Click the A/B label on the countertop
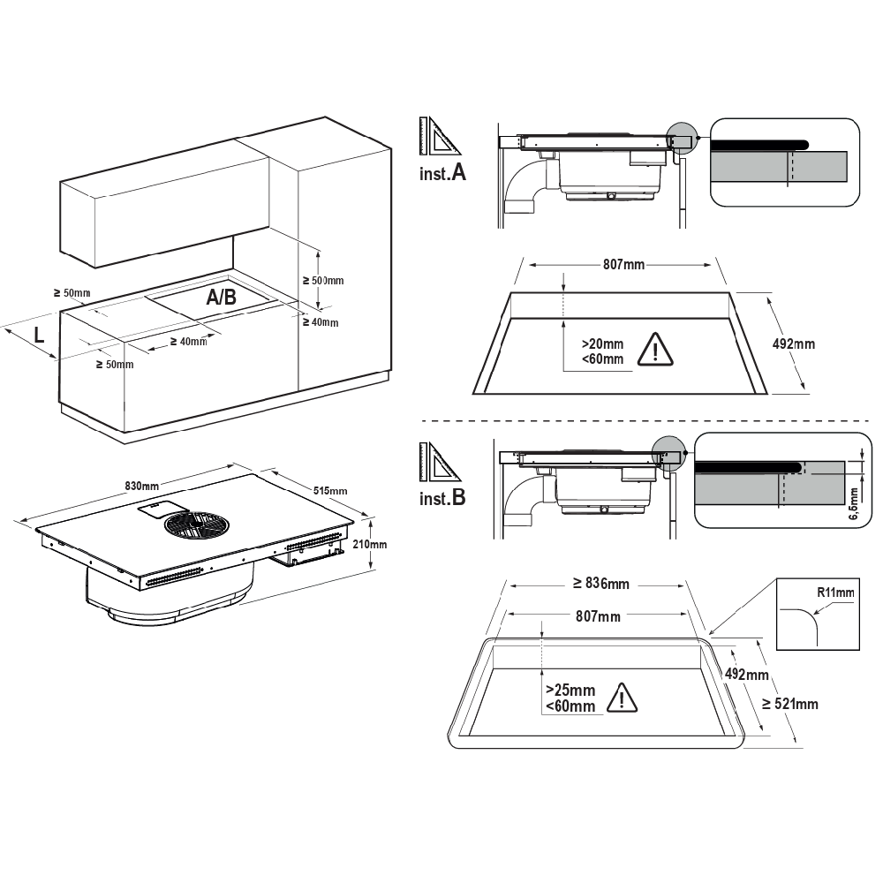221,298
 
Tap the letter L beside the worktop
39,334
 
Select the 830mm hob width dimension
141,486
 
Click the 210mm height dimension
370,544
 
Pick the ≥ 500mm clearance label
323,280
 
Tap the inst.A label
442,173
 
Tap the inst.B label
442,498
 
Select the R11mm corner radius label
835,592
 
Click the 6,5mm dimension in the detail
853,504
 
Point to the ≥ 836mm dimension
600,583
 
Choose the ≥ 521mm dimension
789,704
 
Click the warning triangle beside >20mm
655,351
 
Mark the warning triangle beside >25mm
623,698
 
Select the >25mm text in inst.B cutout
570,690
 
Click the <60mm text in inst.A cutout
602,358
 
